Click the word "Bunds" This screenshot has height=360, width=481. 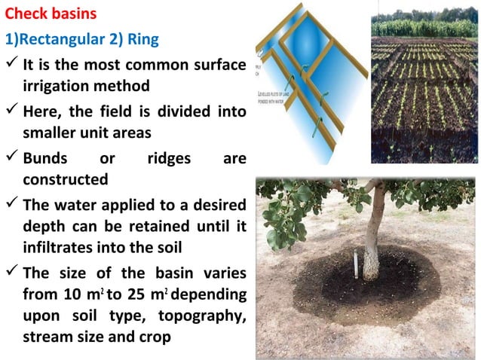click(x=47, y=160)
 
